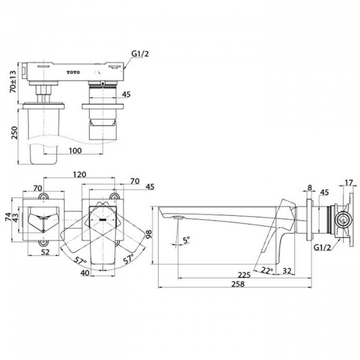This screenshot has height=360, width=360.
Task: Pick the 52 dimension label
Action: (x=46, y=253)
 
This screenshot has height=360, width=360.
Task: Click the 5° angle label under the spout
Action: (x=186, y=239)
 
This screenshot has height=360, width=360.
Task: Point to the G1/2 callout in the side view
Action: (x=321, y=247)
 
